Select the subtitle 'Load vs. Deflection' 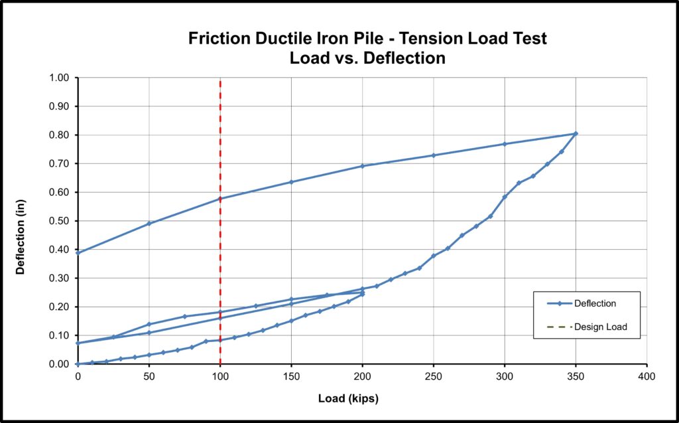pyautogui.click(x=367, y=58)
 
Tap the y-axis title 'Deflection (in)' pyautogui.click(x=20, y=237)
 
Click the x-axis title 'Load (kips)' pyautogui.click(x=348, y=398)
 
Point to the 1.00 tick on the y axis pyautogui.click(x=60, y=78)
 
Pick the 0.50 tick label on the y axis pyautogui.click(x=60, y=221)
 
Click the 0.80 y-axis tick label pyautogui.click(x=60, y=135)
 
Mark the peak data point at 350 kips pyautogui.click(x=576, y=133)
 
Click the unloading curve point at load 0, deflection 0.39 pyautogui.click(x=78, y=252)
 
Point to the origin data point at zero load pyautogui.click(x=78, y=364)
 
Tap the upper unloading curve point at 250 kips pyautogui.click(x=433, y=155)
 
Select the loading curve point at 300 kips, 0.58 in pyautogui.click(x=505, y=197)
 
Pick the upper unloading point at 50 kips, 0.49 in pyautogui.click(x=149, y=223)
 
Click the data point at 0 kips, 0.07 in pyautogui.click(x=78, y=343)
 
